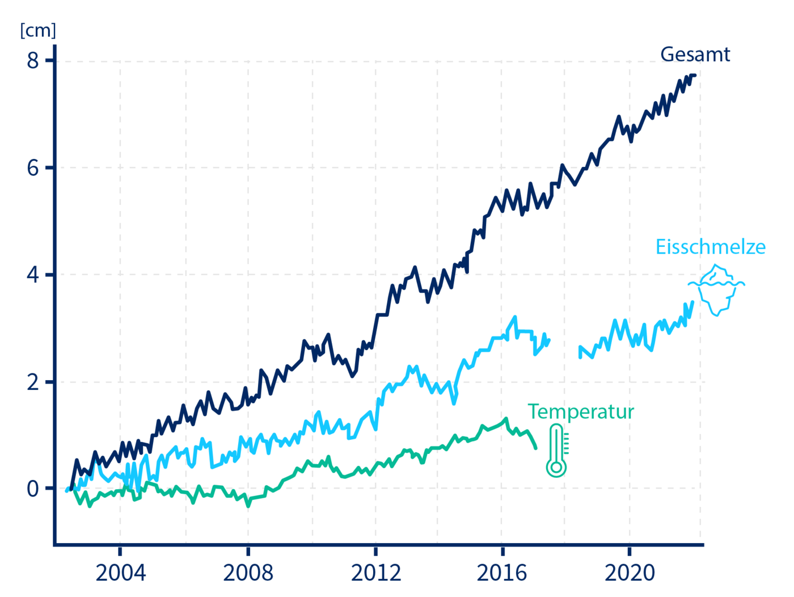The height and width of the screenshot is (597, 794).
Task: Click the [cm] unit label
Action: (38, 30)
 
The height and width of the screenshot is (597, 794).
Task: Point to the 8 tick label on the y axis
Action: (33, 60)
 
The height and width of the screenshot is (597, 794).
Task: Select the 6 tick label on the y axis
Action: (33, 167)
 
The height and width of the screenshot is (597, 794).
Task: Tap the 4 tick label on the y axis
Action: (33, 275)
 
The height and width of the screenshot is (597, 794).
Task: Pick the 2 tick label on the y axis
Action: (33, 381)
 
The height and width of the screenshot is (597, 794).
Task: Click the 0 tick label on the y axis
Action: (33, 488)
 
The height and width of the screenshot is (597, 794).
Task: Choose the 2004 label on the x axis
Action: (120, 572)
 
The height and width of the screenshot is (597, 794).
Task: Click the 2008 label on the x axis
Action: (248, 572)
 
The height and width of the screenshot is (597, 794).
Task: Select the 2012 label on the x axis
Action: (375, 572)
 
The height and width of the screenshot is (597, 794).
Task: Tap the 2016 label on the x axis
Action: (502, 572)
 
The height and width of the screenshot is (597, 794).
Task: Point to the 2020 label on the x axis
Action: (630, 572)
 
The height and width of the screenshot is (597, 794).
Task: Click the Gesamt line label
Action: (695, 54)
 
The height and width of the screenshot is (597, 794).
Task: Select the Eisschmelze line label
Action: (710, 247)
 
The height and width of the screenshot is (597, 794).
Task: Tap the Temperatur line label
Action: (581, 411)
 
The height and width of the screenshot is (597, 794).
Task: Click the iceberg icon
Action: (717, 289)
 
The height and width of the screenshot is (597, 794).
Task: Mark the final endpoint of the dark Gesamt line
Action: (695, 75)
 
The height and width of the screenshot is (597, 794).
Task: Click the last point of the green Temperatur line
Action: (535, 448)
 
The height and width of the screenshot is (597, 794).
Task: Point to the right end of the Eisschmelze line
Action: (692, 302)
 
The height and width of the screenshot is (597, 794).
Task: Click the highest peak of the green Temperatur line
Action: (506, 419)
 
